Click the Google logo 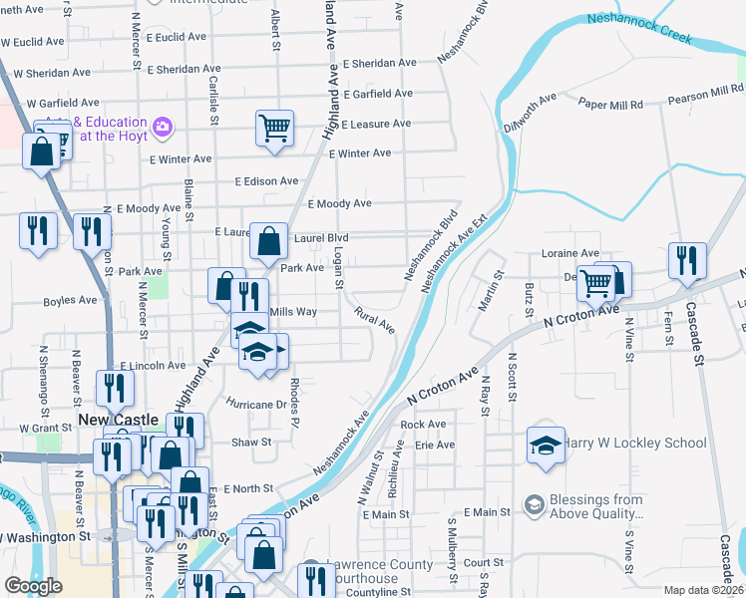pyautogui.click(x=33, y=586)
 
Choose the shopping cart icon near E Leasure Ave pyautogui.click(x=274, y=128)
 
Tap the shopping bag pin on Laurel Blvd pyautogui.click(x=269, y=240)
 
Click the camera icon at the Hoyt pyautogui.click(x=163, y=127)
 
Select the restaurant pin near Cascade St pyautogui.click(x=686, y=261)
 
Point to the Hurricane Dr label pyautogui.click(x=257, y=405)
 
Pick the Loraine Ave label pyautogui.click(x=570, y=253)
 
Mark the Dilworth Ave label pyautogui.click(x=530, y=112)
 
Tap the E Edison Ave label pyautogui.click(x=266, y=181)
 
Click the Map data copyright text pyautogui.click(x=703, y=590)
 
